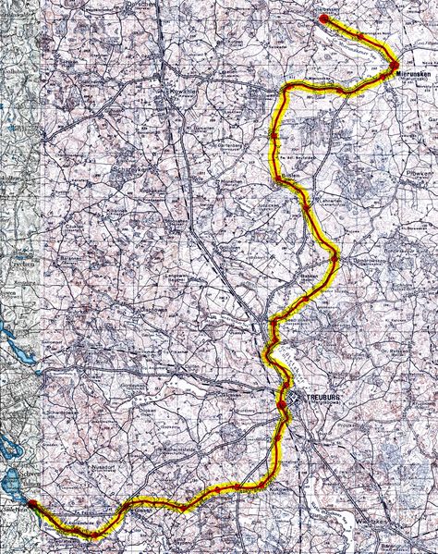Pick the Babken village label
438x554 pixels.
pos(309,276)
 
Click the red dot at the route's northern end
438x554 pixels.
pos(323,18)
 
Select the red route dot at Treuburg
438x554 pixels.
pos(282,404)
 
